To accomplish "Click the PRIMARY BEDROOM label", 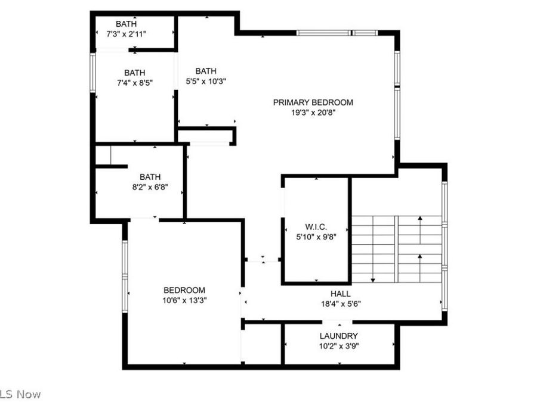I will [x=313, y=102].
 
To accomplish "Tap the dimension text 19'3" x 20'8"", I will [x=313, y=113].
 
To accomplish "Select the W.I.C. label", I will [x=316, y=226].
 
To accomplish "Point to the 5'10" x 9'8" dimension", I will [x=316, y=236].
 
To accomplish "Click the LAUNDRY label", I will [x=338, y=336].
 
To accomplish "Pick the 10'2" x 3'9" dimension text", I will [x=338, y=345].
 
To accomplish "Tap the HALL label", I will [x=341, y=294].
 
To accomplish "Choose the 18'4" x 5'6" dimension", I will [x=341, y=303].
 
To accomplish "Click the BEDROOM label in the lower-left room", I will [x=184, y=290].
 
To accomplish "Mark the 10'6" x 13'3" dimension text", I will [x=184, y=300].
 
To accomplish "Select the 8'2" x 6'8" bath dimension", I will [x=150, y=186].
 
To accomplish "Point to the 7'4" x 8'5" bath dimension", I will [x=135, y=83].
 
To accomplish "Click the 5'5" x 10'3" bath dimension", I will [x=206, y=81].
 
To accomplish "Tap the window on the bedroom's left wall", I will [x=125, y=275].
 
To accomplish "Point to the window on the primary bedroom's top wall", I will [x=334, y=33].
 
